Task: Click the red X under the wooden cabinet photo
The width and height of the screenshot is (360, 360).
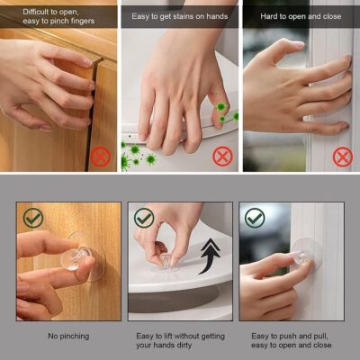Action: point(100,155)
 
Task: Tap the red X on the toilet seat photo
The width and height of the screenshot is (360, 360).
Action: point(221,155)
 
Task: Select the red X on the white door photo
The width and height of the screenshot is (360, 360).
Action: point(342,156)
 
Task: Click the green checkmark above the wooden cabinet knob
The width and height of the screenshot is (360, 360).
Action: point(33,218)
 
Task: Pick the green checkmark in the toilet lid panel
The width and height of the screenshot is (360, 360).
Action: point(144,218)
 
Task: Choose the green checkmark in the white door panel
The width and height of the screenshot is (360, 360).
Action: point(255,218)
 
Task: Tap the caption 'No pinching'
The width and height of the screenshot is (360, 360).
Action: point(68,336)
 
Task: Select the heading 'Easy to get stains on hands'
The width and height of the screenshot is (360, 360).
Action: point(180,15)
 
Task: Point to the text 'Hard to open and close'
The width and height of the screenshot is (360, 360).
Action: point(300,15)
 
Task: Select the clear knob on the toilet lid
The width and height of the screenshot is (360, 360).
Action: point(168,262)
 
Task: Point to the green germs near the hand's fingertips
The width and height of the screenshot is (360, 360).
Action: point(221,112)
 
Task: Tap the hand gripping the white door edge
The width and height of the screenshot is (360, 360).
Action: point(292,85)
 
